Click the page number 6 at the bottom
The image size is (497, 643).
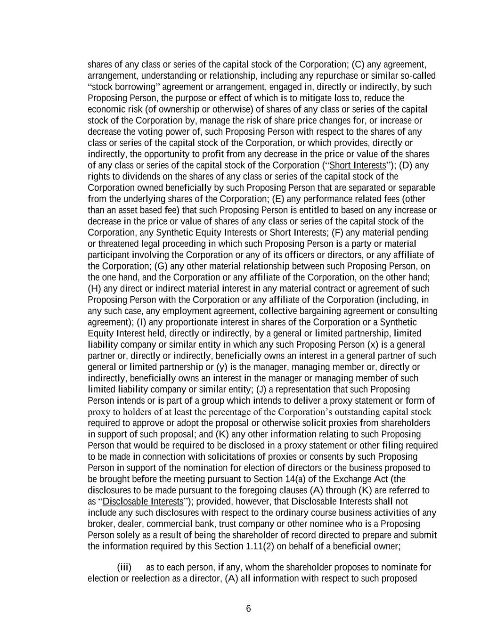point(248,609)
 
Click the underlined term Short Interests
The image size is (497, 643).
point(358,165)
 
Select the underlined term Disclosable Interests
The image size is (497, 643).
point(143,502)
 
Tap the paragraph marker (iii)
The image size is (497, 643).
point(124,567)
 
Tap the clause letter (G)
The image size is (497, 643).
point(161,266)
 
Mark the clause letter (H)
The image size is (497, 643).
point(94,289)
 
